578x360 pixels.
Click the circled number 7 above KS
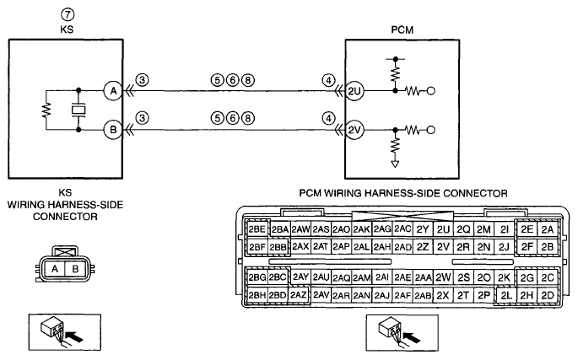coord(68,14)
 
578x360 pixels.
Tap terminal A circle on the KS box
coord(113,91)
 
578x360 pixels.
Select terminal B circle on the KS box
coord(113,130)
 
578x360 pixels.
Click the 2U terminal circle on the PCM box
coord(354,91)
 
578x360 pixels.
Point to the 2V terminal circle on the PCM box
coord(354,130)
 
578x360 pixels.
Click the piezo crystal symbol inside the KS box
coord(78,110)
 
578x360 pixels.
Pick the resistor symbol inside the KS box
coord(46,110)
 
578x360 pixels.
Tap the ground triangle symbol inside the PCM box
coord(395,164)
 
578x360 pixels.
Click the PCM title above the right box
coord(402,30)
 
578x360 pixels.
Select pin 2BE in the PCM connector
coord(257,229)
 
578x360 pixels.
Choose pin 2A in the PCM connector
coord(548,229)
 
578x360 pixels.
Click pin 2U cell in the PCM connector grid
coord(443,229)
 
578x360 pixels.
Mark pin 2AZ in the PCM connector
coord(298,295)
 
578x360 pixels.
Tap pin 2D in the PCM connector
coord(548,295)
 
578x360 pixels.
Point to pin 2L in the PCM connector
coord(506,295)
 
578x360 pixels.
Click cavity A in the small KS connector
coord(55,269)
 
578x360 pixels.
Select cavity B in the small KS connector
coord(75,269)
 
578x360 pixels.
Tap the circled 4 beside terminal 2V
coord(329,119)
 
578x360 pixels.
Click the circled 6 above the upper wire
coord(233,80)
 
